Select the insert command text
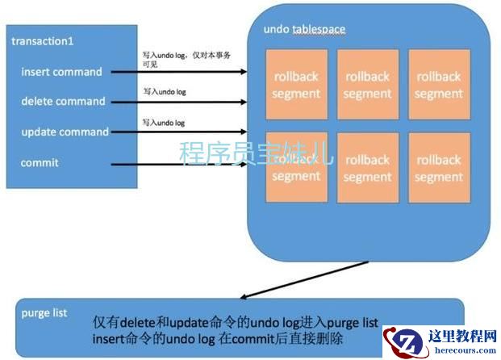pos(61,72)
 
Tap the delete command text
pos(63,102)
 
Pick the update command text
pos(65,132)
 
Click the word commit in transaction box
pos(40,162)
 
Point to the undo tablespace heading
pos(304,30)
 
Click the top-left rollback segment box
pos(296,85)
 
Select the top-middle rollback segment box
pos(367,85)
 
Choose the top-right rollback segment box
pos(438,85)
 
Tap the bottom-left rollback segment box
pos(296,167)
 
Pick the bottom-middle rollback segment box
pos(367,167)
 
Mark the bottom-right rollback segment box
pos(438,167)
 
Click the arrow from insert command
pos(178,72)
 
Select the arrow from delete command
pos(178,102)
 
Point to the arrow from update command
pos(178,132)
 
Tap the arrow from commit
pos(178,165)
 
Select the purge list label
pos(45,312)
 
